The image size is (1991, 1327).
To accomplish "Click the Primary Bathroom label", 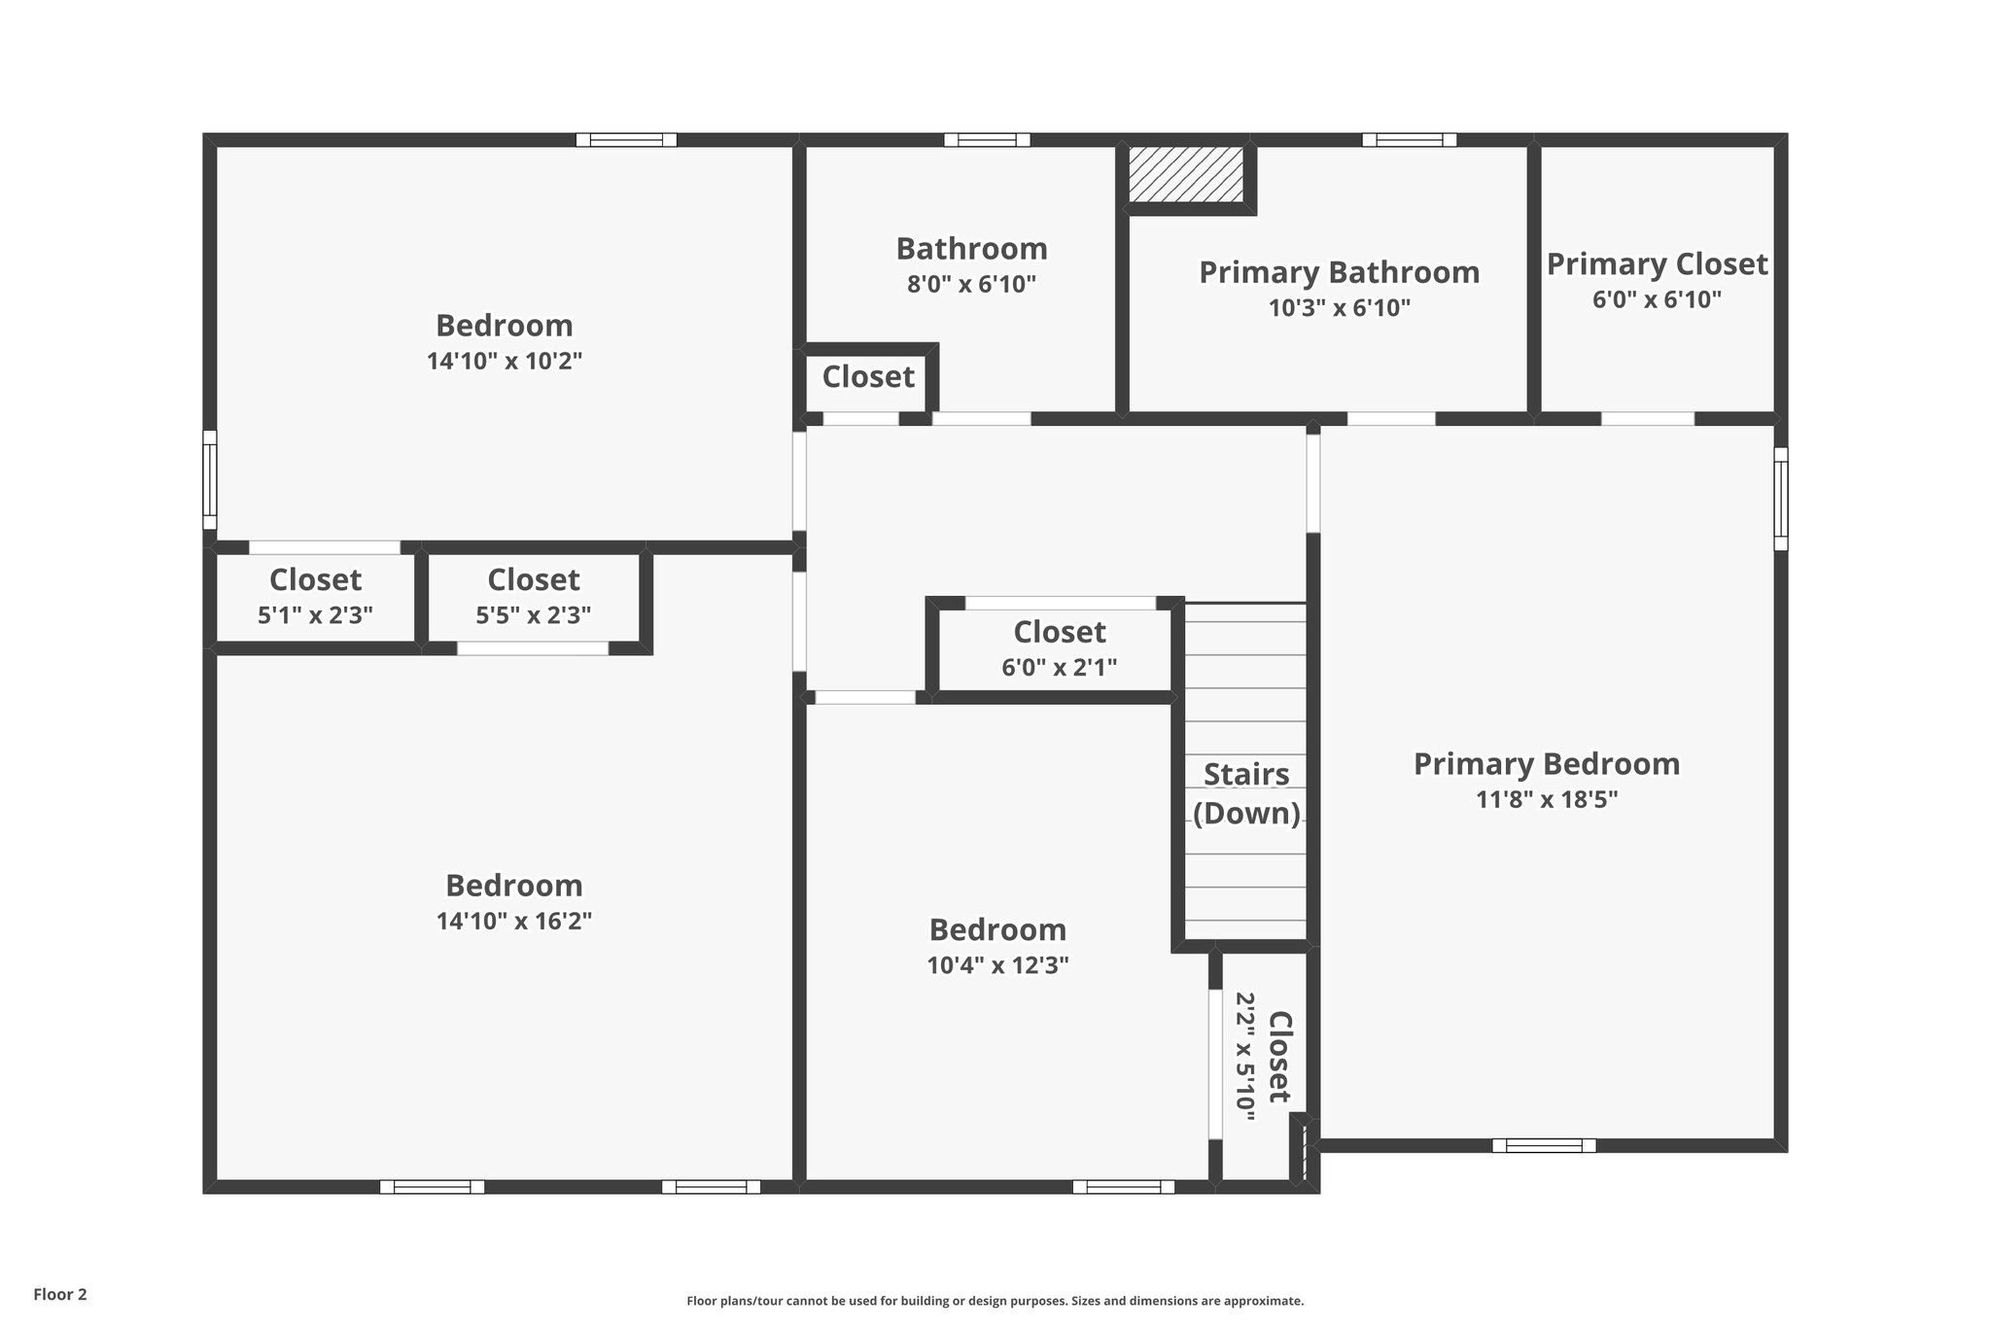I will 1339,272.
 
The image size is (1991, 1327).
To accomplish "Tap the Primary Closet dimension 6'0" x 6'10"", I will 1657,300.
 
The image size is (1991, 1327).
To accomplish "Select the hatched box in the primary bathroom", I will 1186,175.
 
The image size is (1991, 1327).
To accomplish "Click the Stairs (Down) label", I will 1246,793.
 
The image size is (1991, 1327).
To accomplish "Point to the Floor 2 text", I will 60,1294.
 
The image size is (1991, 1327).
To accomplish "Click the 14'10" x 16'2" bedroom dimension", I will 513,921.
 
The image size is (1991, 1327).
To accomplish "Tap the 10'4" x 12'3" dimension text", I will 997,965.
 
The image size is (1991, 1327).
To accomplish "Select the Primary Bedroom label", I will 1546,764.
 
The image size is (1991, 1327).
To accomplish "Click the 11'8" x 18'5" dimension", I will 1546,800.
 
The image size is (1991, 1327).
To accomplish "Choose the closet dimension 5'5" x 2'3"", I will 533,615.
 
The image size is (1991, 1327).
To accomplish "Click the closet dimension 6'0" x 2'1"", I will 1059,668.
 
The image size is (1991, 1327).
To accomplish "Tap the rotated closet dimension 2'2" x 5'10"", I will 1245,1056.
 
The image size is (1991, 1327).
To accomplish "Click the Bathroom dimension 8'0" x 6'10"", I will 971,285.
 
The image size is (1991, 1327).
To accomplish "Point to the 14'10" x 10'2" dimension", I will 504,362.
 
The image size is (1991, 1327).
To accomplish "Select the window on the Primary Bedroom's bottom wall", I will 1544,1145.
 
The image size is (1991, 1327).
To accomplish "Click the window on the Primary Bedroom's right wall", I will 1780,499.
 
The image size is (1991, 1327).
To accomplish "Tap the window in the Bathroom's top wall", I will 986,140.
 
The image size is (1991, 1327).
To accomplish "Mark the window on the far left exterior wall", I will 209,479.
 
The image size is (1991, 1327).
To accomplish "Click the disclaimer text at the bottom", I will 995,1301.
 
